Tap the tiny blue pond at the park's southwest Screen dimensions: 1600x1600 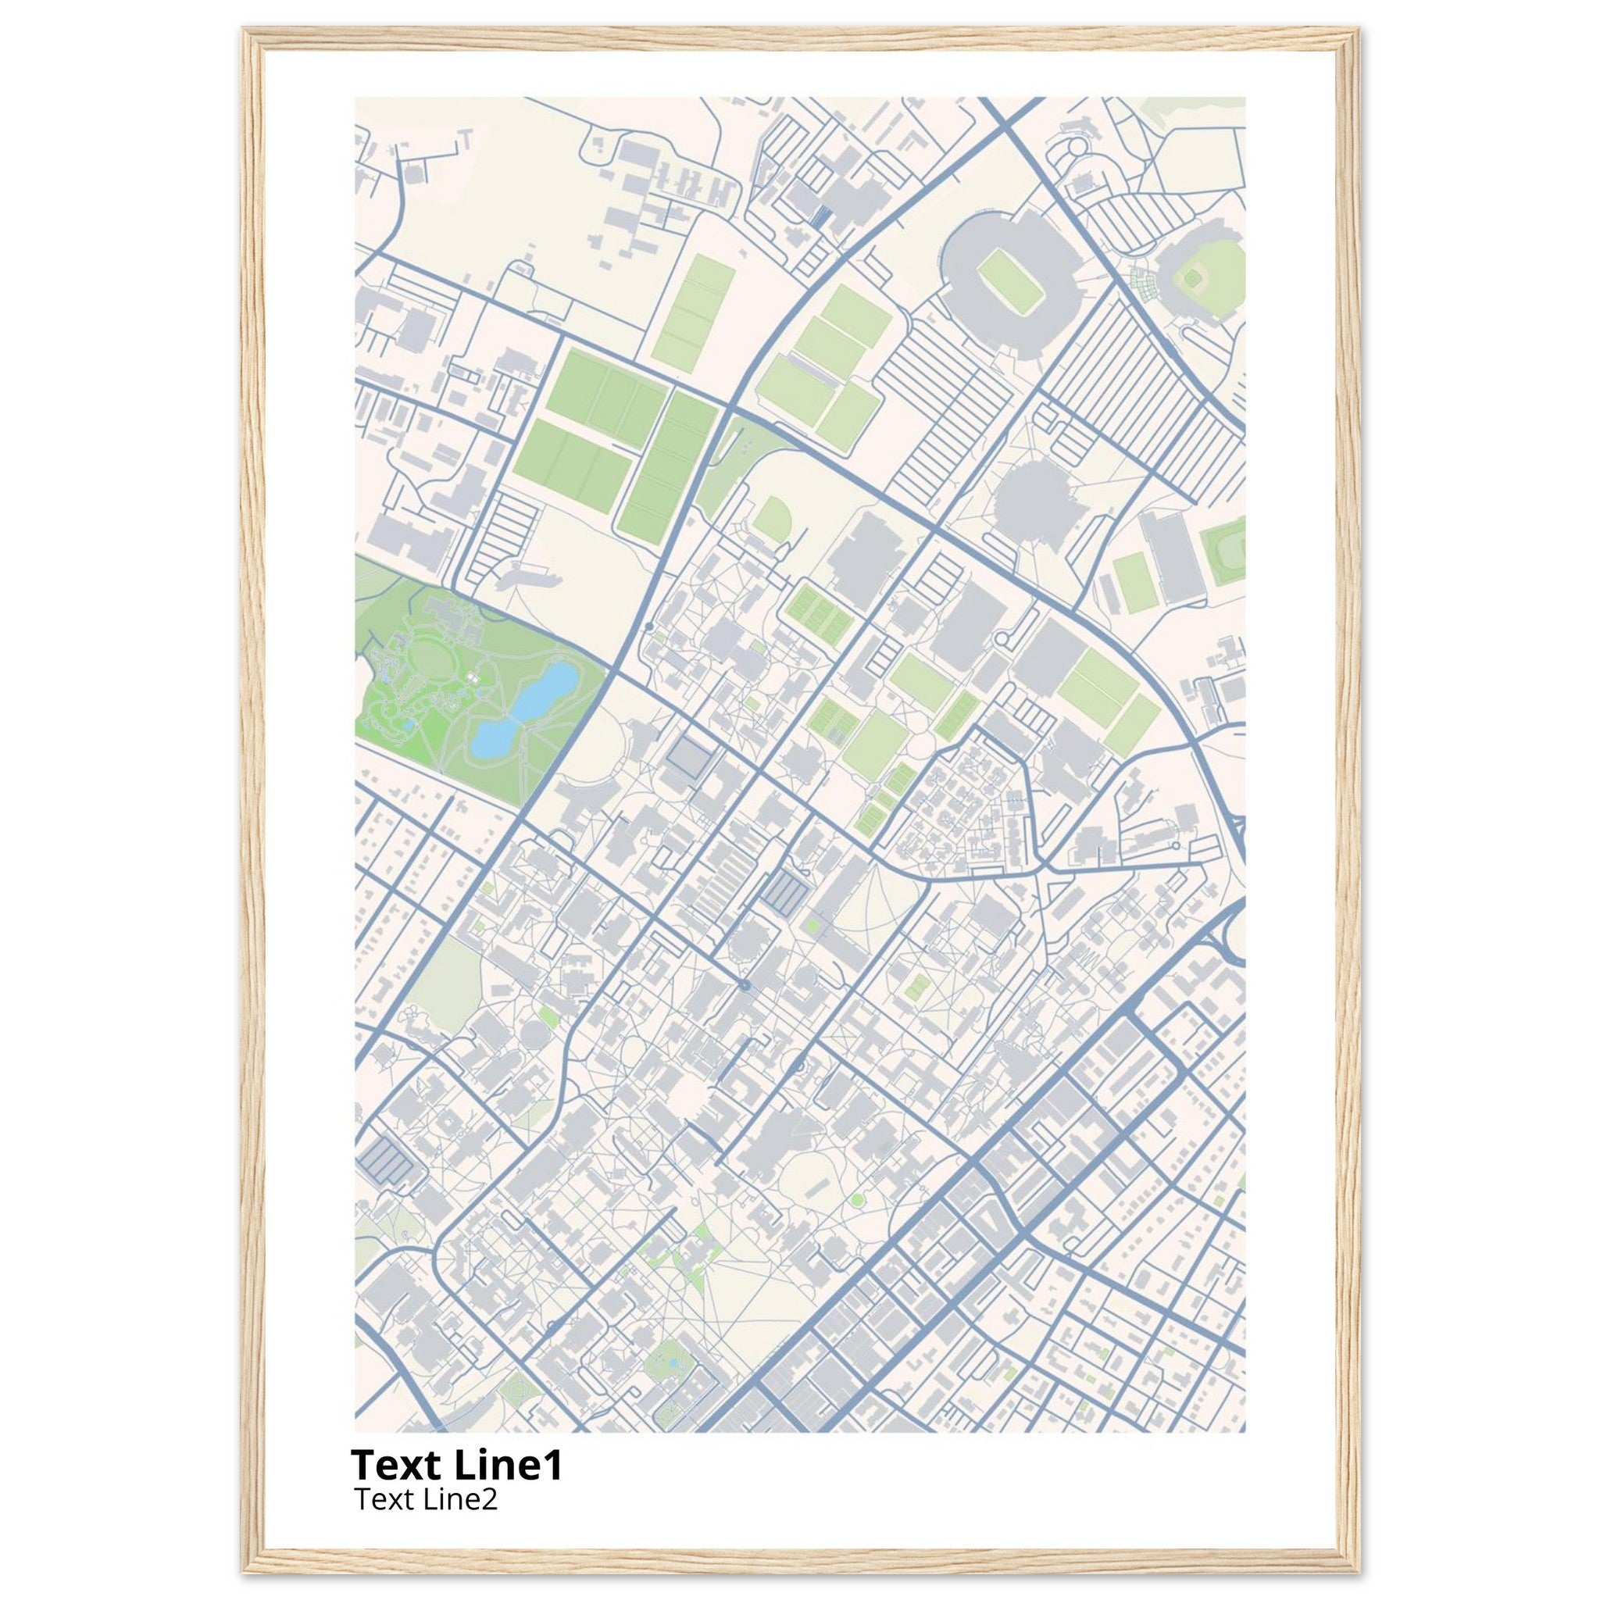tap(409, 723)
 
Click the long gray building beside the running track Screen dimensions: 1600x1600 tap(1165, 555)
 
